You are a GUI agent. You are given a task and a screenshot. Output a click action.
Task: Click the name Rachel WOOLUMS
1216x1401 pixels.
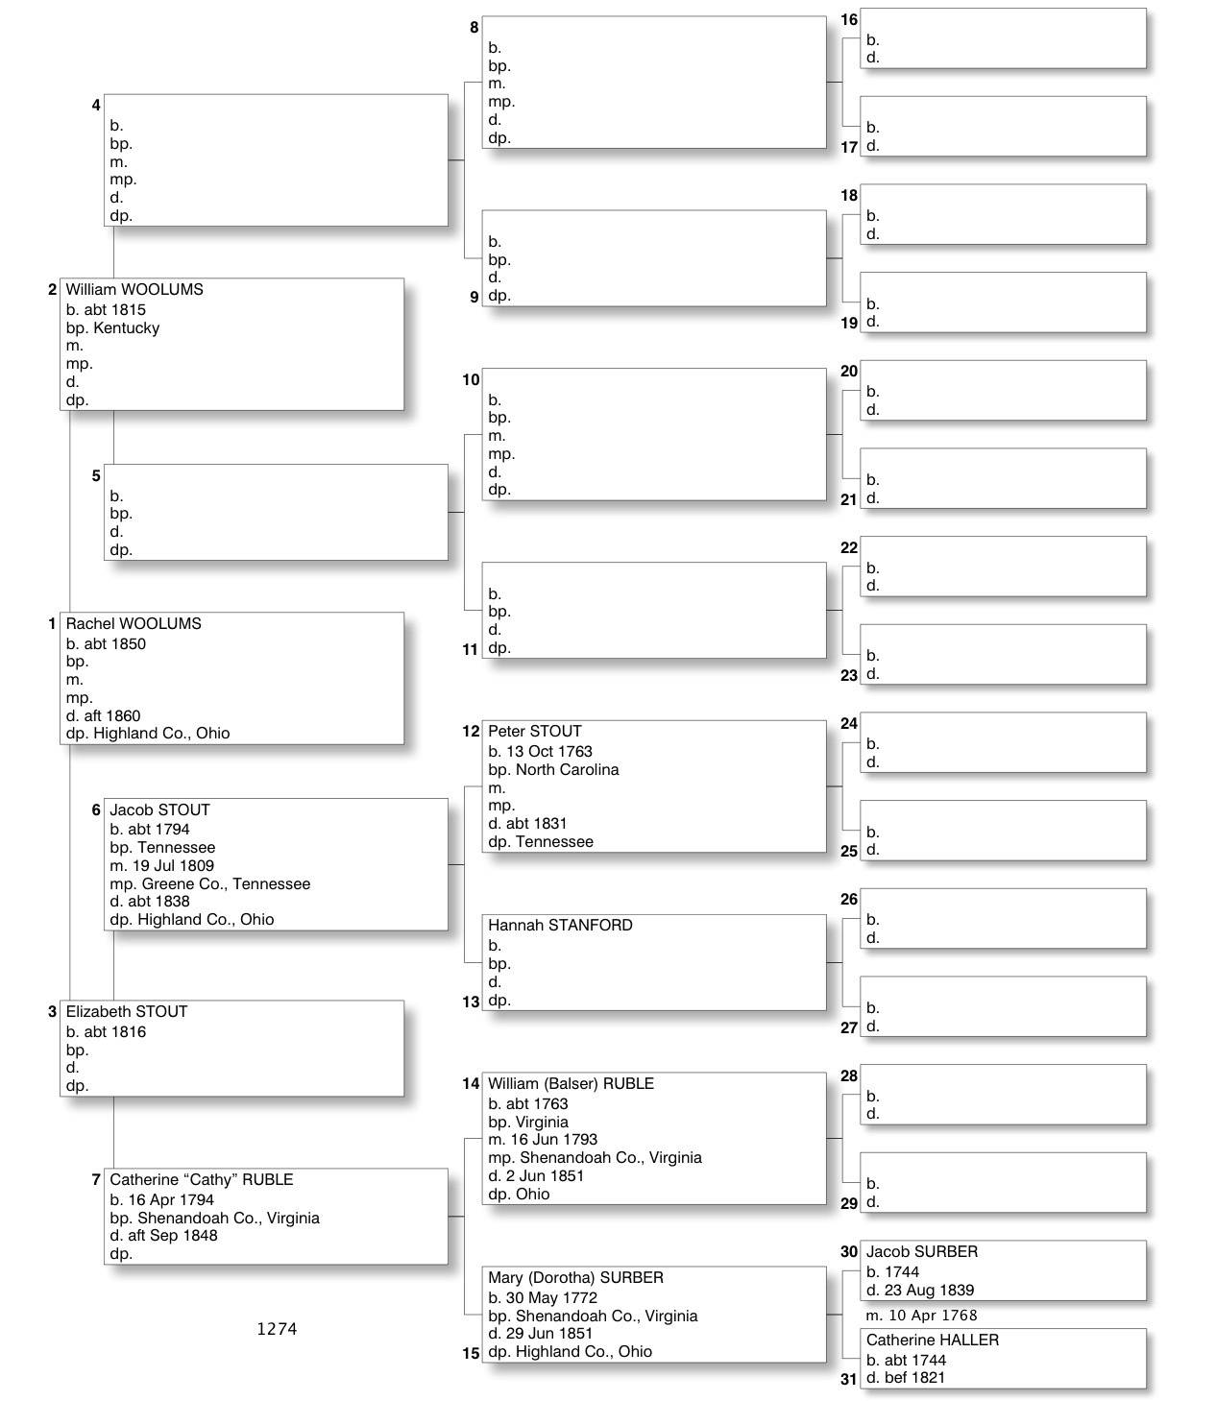(x=134, y=624)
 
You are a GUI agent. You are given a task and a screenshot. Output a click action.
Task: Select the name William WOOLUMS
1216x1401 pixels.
(x=134, y=290)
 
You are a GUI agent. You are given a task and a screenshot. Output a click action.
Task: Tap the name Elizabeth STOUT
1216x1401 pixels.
(x=127, y=1012)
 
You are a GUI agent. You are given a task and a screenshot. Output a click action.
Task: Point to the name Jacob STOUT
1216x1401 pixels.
(x=159, y=810)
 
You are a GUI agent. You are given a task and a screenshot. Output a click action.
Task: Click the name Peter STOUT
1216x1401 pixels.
(x=535, y=732)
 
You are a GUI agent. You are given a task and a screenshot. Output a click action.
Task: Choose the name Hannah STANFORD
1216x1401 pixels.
(x=560, y=926)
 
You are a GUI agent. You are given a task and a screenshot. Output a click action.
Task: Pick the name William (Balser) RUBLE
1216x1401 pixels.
(x=571, y=1084)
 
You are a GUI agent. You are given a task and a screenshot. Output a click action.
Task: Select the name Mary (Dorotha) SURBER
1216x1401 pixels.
(x=575, y=1278)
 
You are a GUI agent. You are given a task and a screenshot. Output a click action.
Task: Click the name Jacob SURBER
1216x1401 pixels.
(x=922, y=1252)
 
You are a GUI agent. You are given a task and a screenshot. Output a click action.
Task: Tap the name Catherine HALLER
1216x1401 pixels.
(x=933, y=1341)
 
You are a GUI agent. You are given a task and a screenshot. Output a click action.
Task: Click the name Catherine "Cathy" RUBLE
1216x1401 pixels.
(x=202, y=1180)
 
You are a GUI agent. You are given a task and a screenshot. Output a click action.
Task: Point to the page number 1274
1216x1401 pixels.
(x=277, y=1330)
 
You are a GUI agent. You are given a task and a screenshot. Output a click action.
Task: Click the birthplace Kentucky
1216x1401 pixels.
(x=127, y=328)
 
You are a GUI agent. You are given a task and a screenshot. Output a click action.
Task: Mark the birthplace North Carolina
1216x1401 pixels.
(x=568, y=770)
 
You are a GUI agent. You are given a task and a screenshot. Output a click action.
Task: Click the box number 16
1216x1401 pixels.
(x=849, y=20)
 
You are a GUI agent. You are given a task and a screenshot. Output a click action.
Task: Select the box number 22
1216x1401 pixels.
(x=849, y=548)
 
